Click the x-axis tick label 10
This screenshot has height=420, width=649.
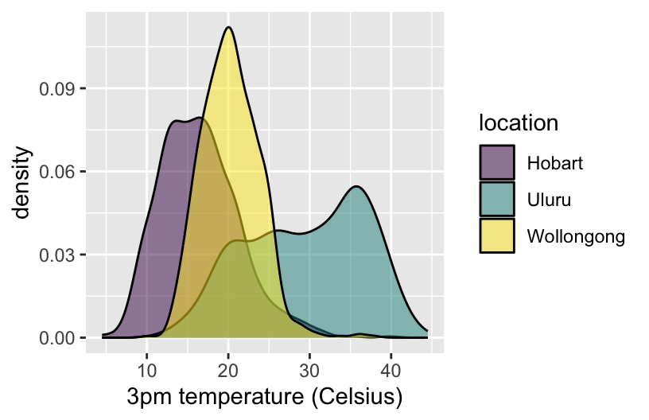(146, 369)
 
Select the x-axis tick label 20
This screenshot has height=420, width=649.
(228, 369)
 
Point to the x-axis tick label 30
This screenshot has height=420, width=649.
(309, 369)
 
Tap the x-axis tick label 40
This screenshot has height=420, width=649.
(391, 369)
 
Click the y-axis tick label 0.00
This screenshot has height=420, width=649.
(57, 339)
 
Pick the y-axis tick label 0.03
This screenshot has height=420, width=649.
(57, 255)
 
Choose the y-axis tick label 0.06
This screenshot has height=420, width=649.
(57, 172)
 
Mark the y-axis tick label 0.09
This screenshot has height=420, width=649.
(57, 89)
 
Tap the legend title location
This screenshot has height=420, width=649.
(518, 123)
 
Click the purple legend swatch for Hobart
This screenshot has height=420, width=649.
(497, 163)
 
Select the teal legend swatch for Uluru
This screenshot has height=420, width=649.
(497, 199)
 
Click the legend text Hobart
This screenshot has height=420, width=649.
(555, 163)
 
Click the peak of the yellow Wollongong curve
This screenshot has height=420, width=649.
(229, 28)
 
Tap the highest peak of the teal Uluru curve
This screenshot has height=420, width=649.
(357, 187)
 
